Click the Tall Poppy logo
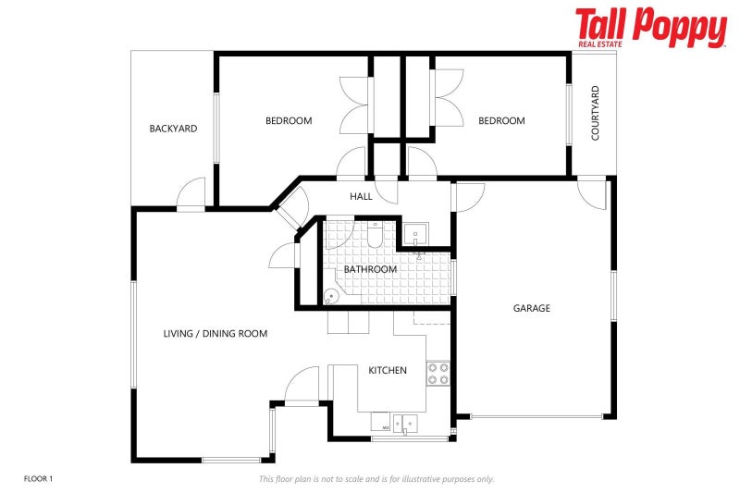pyautogui.click(x=651, y=27)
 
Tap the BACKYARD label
pyautogui.click(x=173, y=129)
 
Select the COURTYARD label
pyautogui.click(x=595, y=113)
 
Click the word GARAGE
pyautogui.click(x=531, y=308)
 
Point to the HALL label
pyautogui.click(x=361, y=196)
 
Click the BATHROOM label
pyautogui.click(x=370, y=269)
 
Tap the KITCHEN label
pyautogui.click(x=388, y=370)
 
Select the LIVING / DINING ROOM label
pyautogui.click(x=216, y=334)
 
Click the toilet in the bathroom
pyautogui.click(x=375, y=234)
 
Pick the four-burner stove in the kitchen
pyautogui.click(x=438, y=373)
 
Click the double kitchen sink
pyautogui.click(x=405, y=424)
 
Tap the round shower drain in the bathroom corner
pyautogui.click(x=331, y=296)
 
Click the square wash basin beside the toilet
pyautogui.click(x=415, y=233)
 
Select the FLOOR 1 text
pyautogui.click(x=38, y=479)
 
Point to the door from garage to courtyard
pyautogui.click(x=592, y=193)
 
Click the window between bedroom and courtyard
pyautogui.click(x=569, y=115)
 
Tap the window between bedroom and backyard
pyautogui.click(x=216, y=129)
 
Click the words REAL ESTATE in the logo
pyautogui.click(x=600, y=44)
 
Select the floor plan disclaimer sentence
pyautogui.click(x=376, y=479)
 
